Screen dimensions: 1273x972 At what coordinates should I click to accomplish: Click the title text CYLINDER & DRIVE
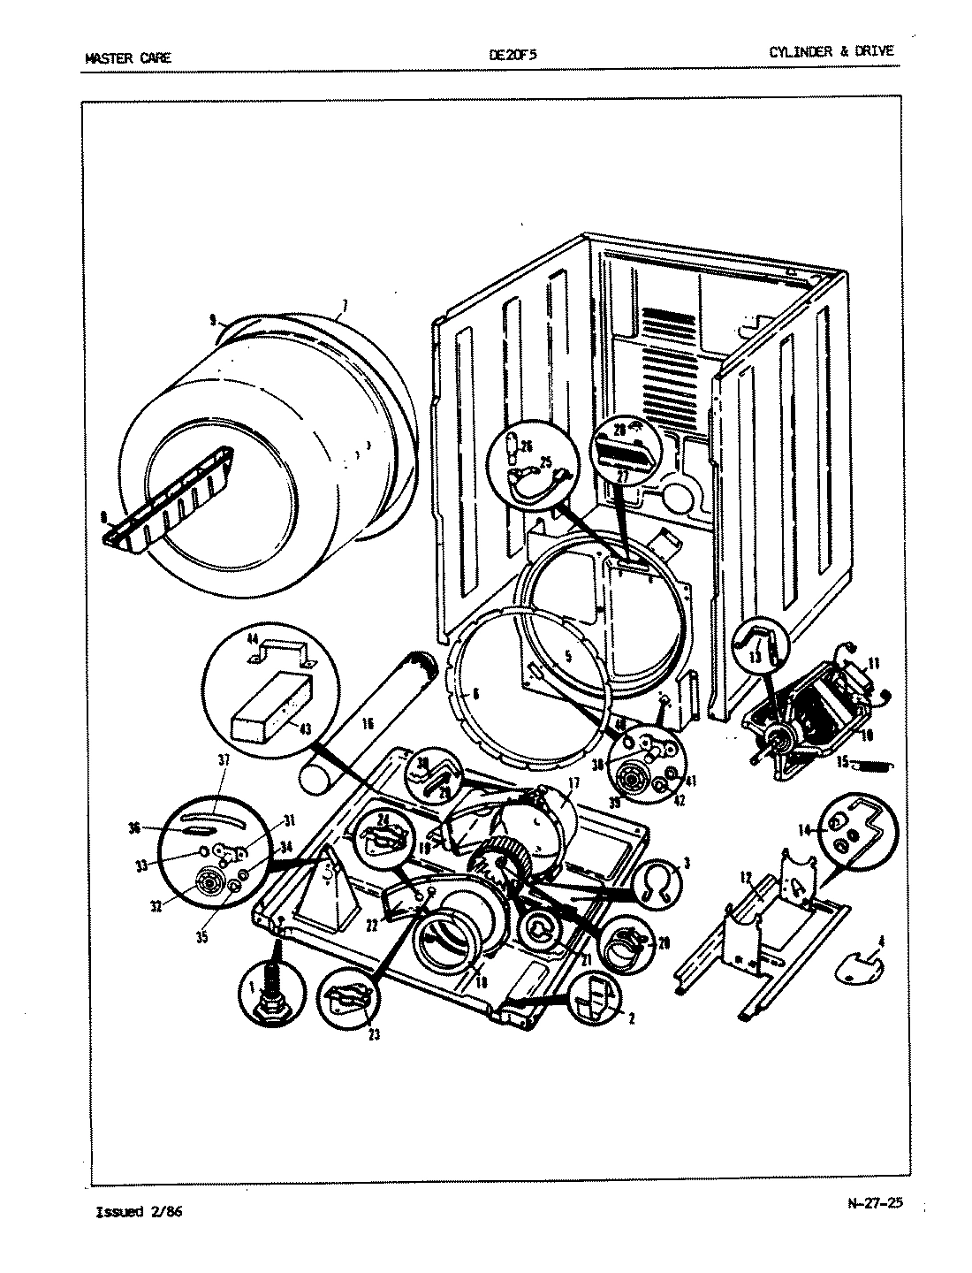coord(831,51)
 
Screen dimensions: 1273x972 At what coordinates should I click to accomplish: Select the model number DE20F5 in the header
coord(513,55)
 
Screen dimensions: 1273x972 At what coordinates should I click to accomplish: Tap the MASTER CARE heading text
coord(128,58)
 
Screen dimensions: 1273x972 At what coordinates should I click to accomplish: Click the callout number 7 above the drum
coord(344,307)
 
